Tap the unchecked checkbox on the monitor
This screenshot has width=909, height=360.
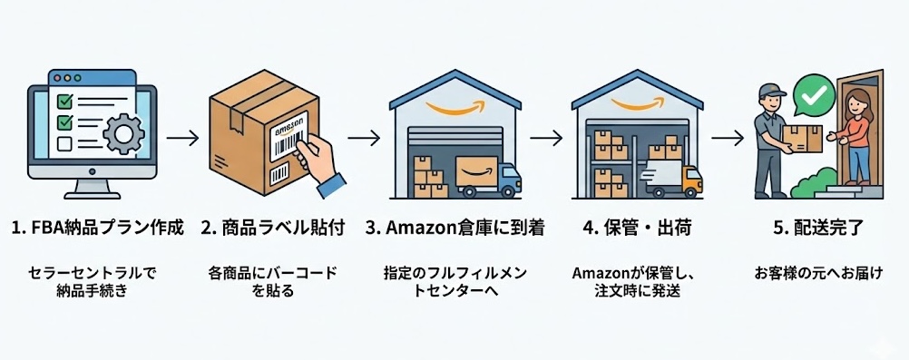(x=64, y=143)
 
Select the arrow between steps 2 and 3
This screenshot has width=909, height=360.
(x=363, y=139)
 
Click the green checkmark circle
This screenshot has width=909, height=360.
(x=813, y=93)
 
